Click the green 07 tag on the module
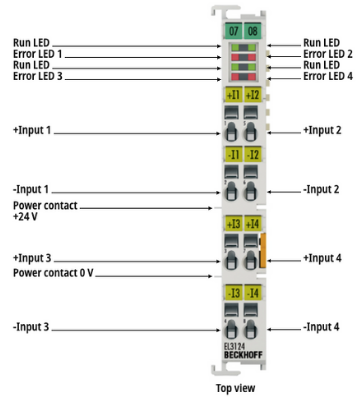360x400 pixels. point(233,31)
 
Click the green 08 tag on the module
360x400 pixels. point(253,31)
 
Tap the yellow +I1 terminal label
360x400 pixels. point(233,95)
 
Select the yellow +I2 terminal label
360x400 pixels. point(252,95)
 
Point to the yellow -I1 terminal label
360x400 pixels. point(233,155)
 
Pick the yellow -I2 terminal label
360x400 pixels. point(252,155)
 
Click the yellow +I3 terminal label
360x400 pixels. point(233,224)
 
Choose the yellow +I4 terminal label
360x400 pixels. point(252,224)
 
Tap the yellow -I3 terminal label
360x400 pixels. point(233,293)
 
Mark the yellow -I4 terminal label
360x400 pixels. point(252,293)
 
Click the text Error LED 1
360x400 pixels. point(38,54)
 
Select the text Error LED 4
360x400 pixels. point(328,76)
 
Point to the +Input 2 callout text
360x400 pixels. point(322,130)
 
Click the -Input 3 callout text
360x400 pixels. point(31,327)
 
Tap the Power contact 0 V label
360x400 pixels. point(53,273)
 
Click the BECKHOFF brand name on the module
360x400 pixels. point(243,355)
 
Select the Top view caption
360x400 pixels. point(236,388)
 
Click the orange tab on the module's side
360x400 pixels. point(263,250)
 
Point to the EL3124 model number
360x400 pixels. point(234,347)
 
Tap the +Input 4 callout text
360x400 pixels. point(322,258)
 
